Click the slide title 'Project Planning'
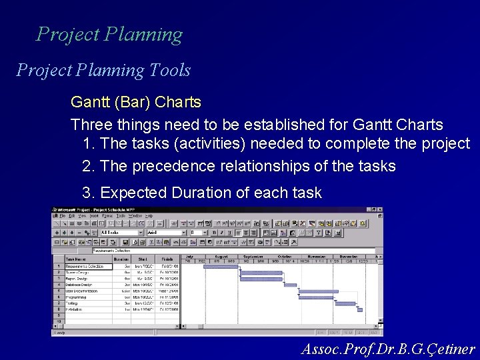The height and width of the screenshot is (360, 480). coord(109,34)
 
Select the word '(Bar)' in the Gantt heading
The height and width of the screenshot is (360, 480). coord(133,103)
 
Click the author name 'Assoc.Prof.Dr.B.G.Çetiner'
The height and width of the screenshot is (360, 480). coord(388,349)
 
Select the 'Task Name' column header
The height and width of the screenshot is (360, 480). coord(76,259)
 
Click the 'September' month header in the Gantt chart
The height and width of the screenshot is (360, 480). coord(253,256)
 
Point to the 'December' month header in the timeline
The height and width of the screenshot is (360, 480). coord(349,256)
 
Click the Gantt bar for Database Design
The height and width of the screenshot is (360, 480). coord(290,285)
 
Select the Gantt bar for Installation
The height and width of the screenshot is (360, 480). coord(359,309)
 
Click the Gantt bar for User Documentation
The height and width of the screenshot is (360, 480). coord(318,291)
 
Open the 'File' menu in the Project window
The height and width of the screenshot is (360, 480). coord(62,215)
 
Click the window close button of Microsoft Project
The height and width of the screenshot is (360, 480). coord(380,210)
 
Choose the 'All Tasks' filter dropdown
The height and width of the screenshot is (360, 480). coord(119,233)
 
